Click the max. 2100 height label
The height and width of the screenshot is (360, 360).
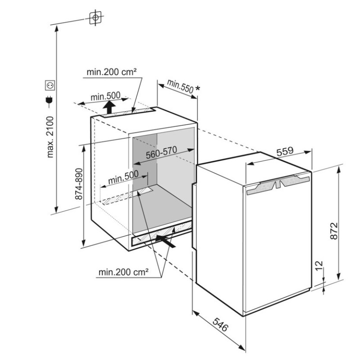coord(50,137)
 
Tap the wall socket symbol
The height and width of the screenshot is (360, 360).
coord(50,85)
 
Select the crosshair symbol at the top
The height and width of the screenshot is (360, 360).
coord(95,18)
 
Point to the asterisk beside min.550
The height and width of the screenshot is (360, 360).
coord(197,89)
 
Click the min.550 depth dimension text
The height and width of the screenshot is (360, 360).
coord(180,86)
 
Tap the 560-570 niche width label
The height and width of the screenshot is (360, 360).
coord(162,153)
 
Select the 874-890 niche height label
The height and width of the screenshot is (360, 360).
coord(79,184)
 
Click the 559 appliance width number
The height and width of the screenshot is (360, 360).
coord(285,151)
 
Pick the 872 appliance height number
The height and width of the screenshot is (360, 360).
coord(333,231)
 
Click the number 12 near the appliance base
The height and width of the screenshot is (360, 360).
coord(319,265)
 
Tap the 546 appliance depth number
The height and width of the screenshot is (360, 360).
coord(220,324)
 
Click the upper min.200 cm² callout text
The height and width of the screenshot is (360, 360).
coord(112,72)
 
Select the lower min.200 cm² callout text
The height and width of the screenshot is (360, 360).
coord(123,272)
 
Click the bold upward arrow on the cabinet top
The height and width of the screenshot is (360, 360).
coord(109,108)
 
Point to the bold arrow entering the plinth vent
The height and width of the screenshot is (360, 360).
coord(165,241)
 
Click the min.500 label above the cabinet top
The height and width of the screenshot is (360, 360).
coord(105,96)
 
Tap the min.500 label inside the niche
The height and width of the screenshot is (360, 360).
coord(123,177)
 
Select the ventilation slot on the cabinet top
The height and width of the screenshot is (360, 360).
coord(128,113)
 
